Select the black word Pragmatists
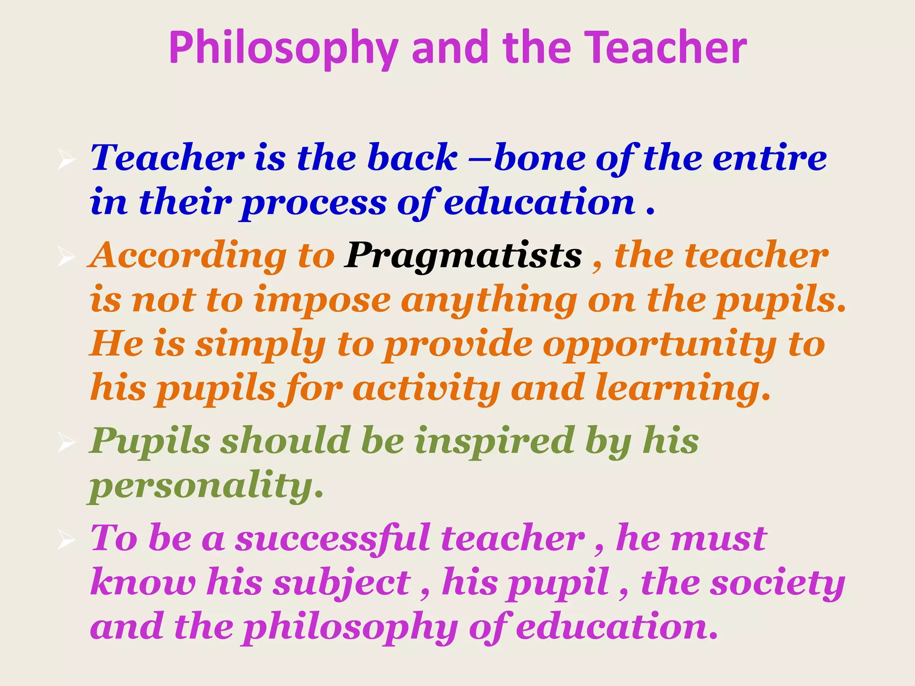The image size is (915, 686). [463, 256]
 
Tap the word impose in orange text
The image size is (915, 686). [322, 300]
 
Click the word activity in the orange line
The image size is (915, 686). [426, 389]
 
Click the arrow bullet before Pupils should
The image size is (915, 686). [66, 443]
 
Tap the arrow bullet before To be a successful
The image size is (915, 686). [66, 540]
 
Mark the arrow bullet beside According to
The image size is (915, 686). [66, 257]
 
